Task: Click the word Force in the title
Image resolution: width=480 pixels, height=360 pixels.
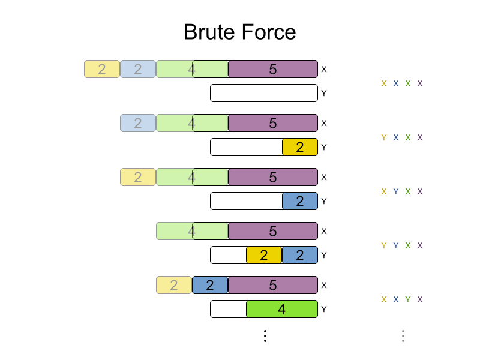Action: pyautogui.click(x=269, y=32)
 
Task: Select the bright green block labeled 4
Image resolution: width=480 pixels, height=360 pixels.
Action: pyautogui.click(x=282, y=309)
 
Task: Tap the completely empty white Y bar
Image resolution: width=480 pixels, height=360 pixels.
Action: pyautogui.click(x=264, y=93)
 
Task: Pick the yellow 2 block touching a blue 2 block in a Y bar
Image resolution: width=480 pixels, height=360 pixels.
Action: pyautogui.click(x=264, y=255)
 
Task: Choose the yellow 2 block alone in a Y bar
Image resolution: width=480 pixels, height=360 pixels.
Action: pyautogui.click(x=300, y=147)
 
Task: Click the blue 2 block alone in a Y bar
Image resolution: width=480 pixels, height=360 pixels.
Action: pyautogui.click(x=300, y=201)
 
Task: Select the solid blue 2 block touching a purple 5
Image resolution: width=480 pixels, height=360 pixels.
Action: pyautogui.click(x=210, y=285)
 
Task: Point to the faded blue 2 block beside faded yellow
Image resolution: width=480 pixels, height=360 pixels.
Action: pyautogui.click(x=138, y=69)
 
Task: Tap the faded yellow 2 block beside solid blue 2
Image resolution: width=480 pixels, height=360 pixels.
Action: pyautogui.click(x=174, y=285)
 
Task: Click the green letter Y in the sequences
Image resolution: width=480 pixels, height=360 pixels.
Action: pyautogui.click(x=408, y=299)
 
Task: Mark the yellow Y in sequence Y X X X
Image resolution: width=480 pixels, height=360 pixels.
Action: pyautogui.click(x=384, y=137)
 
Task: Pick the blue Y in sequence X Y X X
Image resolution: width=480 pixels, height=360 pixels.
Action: pyautogui.click(x=396, y=191)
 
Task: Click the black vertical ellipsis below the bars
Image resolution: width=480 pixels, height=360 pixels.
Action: pyautogui.click(x=265, y=336)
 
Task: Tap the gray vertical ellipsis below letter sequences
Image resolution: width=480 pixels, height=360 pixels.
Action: pyautogui.click(x=403, y=336)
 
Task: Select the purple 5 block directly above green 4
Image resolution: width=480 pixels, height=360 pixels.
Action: pyautogui.click(x=273, y=285)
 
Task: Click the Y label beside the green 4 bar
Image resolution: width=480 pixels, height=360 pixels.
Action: pyautogui.click(x=324, y=309)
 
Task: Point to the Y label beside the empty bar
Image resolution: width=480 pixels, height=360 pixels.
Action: pyautogui.click(x=324, y=93)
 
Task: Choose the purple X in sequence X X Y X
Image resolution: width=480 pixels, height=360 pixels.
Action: pyautogui.click(x=420, y=299)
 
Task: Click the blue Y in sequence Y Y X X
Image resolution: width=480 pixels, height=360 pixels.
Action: pyautogui.click(x=396, y=245)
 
